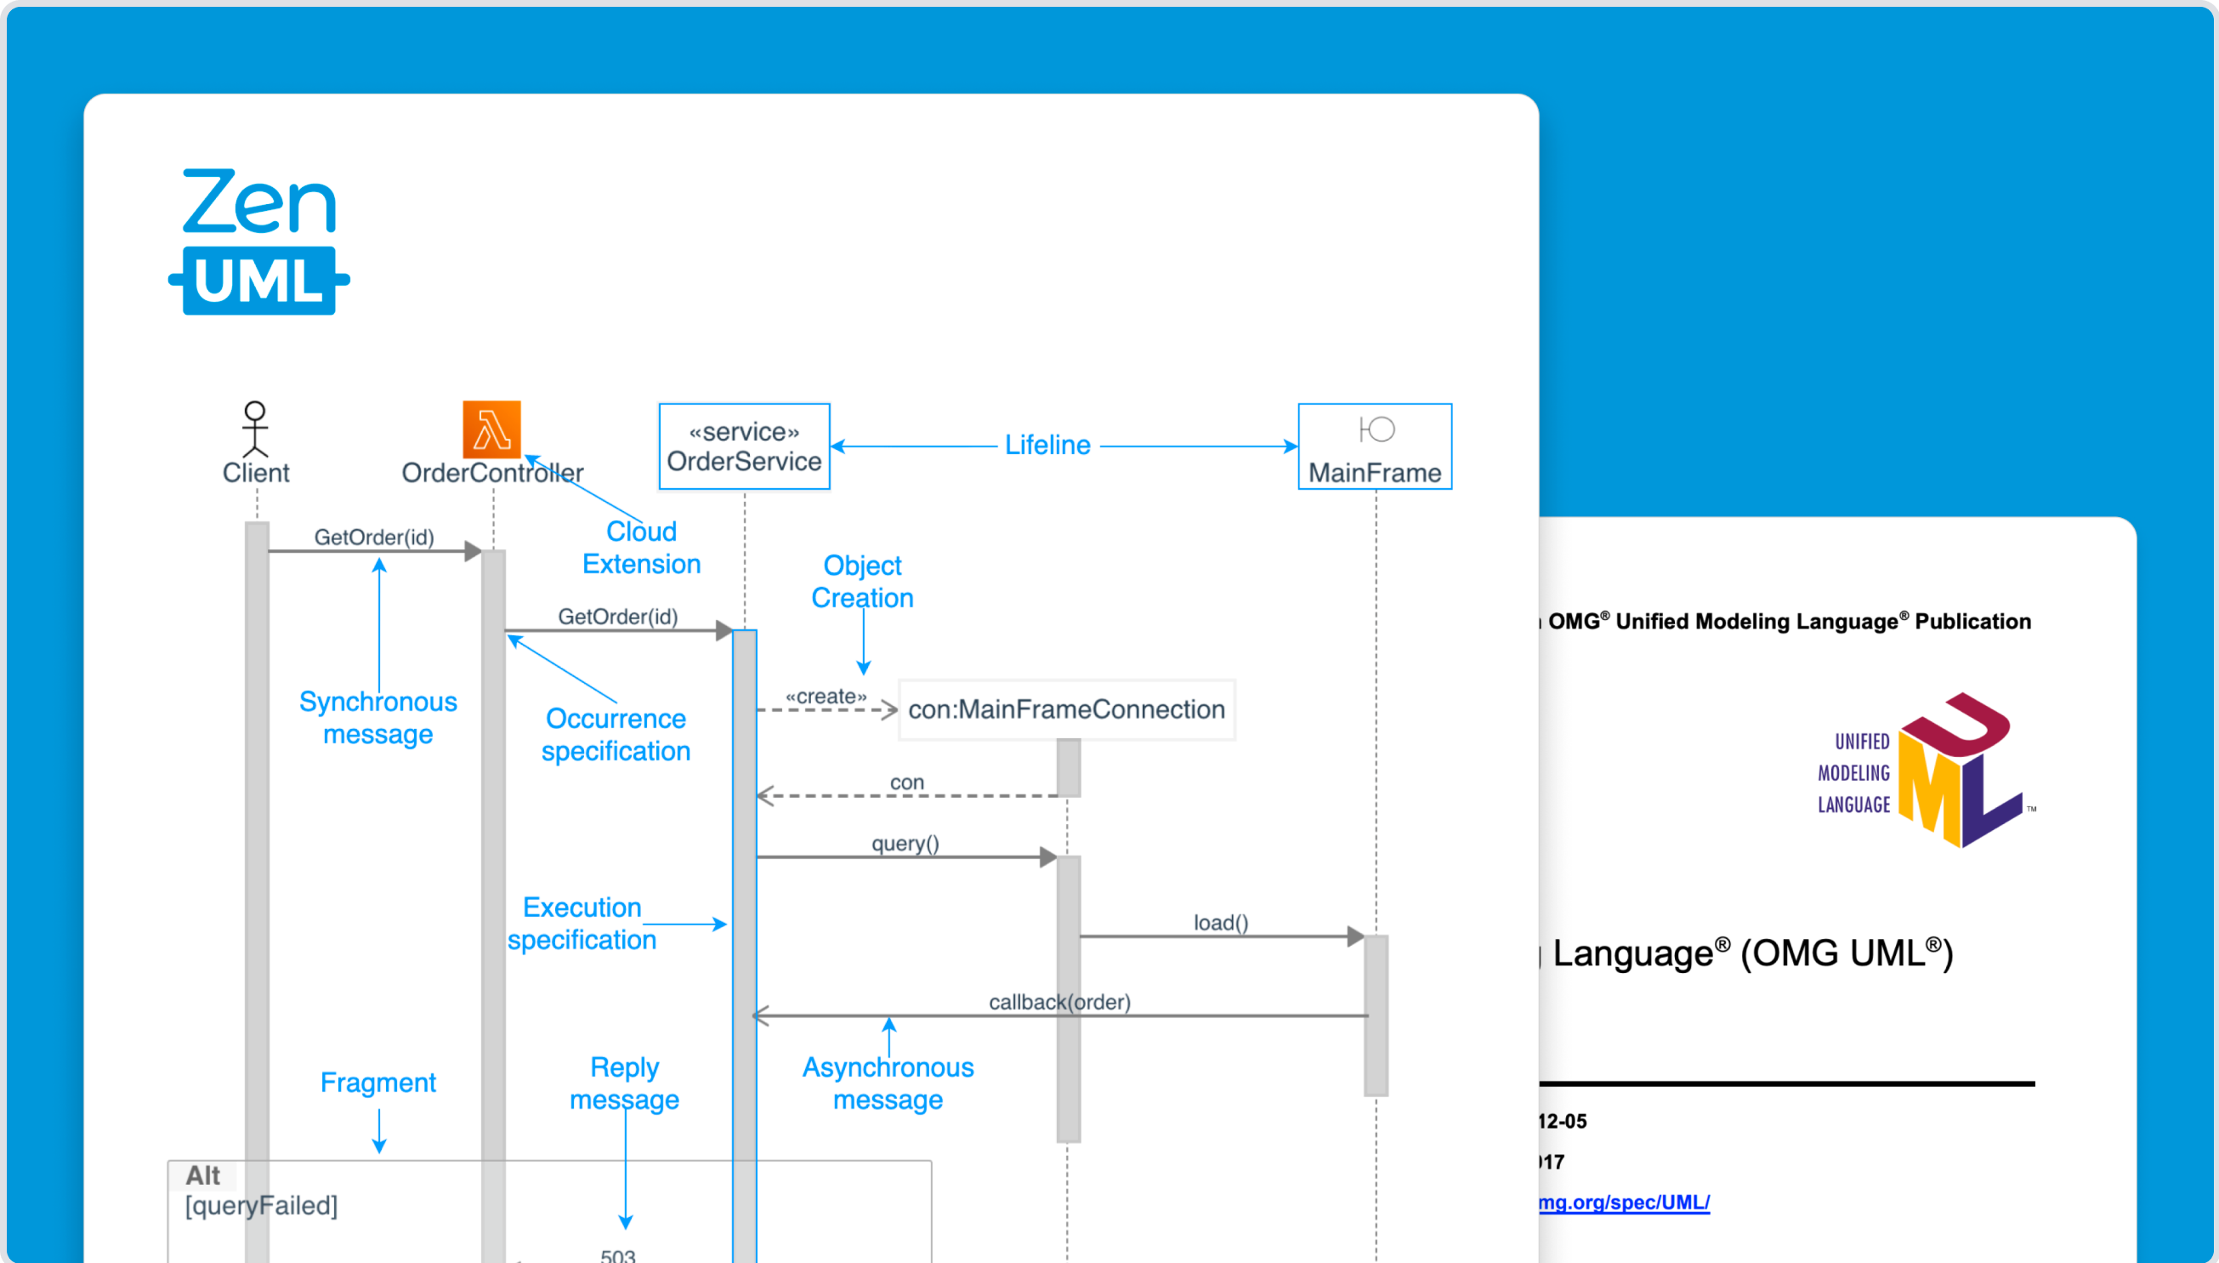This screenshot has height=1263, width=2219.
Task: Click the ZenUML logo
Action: click(258, 242)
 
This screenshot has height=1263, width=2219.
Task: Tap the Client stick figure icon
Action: click(255, 429)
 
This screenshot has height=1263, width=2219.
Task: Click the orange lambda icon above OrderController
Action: click(491, 430)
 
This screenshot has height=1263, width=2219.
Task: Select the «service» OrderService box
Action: click(744, 447)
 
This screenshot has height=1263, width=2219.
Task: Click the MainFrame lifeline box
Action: click(1375, 447)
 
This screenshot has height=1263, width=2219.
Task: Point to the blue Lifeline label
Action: click(1047, 446)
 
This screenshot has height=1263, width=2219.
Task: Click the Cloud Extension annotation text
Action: click(642, 548)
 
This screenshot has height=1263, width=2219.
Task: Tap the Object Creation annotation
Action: click(862, 581)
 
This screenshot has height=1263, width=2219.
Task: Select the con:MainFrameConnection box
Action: click(1067, 709)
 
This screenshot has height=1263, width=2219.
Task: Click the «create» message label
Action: click(826, 697)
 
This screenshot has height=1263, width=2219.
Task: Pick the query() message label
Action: click(905, 843)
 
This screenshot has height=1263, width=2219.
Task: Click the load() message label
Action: click(1221, 923)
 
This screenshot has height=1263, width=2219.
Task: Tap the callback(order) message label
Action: click(1059, 1003)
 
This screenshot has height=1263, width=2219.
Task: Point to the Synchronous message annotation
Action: click(378, 717)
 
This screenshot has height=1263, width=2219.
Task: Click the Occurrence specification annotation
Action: click(616, 735)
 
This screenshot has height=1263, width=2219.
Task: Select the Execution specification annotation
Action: click(582, 924)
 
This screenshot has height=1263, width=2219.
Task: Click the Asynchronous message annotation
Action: click(888, 1084)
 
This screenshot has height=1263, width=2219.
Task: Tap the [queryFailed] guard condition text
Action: click(261, 1206)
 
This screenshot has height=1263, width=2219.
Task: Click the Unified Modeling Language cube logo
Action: click(1960, 771)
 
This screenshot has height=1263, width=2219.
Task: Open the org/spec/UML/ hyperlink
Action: click(1623, 1203)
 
